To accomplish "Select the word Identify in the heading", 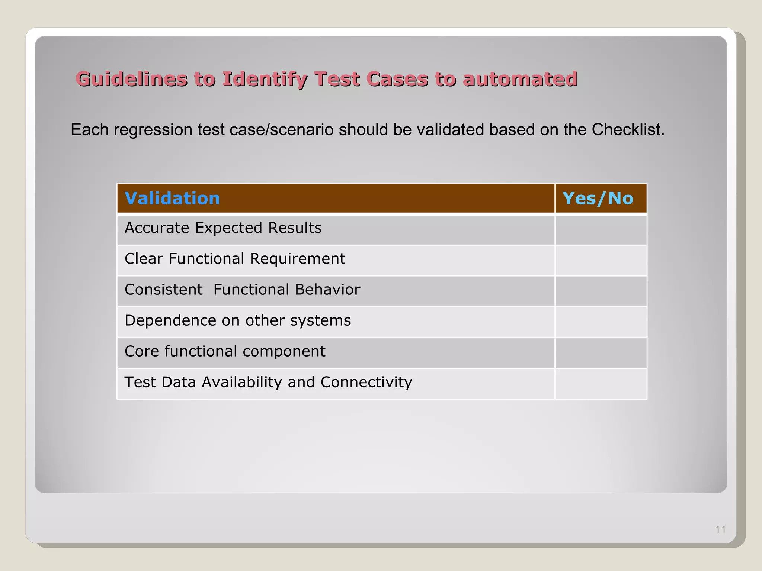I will (x=265, y=79).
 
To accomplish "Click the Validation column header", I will (x=172, y=199).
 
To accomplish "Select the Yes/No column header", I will (x=598, y=199).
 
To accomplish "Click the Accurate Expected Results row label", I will (x=223, y=228).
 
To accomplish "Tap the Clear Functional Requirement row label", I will (x=235, y=259).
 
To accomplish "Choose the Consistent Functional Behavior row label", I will (x=242, y=290).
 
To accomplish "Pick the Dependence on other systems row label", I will (x=238, y=320).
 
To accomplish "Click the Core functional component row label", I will (x=225, y=351).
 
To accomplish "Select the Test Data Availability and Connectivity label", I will (x=268, y=382).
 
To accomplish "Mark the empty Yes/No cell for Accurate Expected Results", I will (x=601, y=230).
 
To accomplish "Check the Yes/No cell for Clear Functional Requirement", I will (x=601, y=261).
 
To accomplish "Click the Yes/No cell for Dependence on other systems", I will (x=601, y=322).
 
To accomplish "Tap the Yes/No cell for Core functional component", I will (x=601, y=353).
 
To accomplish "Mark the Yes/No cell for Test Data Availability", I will (x=601, y=384).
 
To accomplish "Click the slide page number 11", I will (x=720, y=530).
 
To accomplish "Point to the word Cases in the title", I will (x=397, y=79).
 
